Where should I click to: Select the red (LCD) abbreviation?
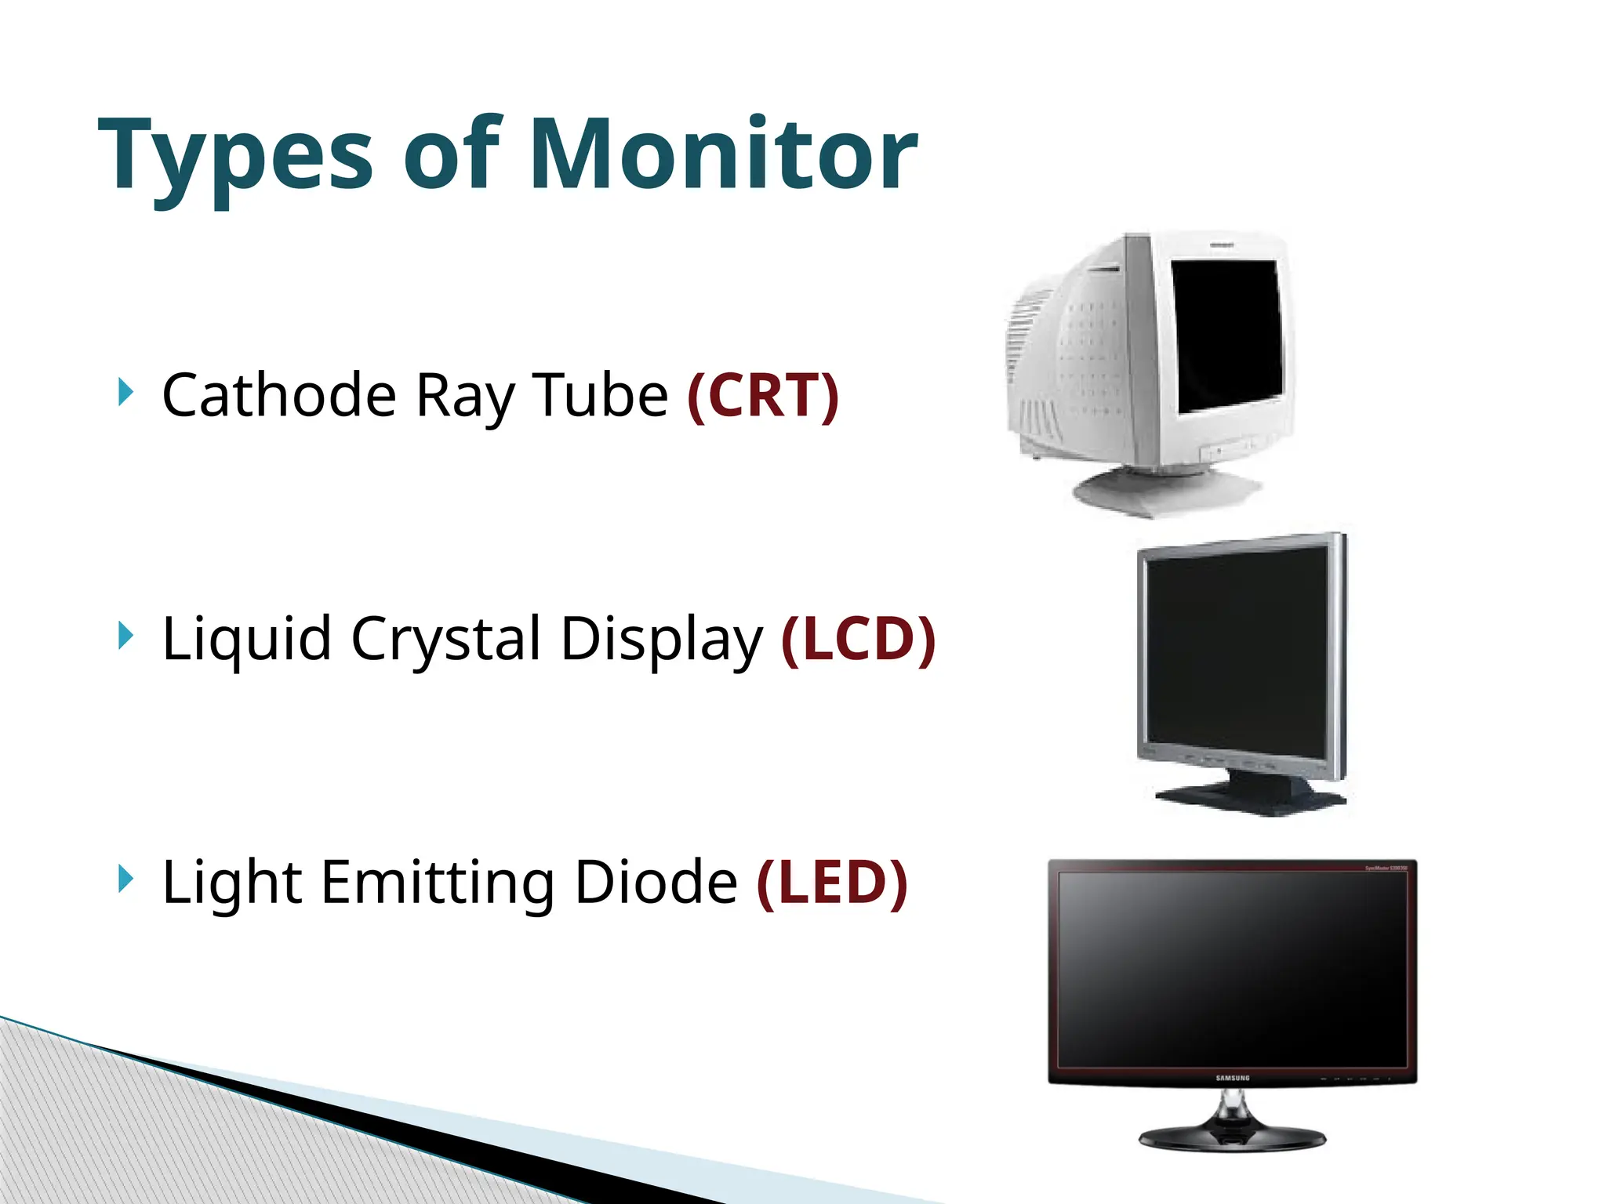coord(859,639)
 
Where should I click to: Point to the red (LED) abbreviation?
coord(832,883)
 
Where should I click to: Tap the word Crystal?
coord(446,640)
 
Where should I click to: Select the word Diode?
coord(656,883)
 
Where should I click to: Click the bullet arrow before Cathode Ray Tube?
coord(125,391)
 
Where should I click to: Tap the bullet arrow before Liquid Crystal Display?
coord(125,635)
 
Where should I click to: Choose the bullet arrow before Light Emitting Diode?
coord(125,879)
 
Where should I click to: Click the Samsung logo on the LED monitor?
coord(1233,1079)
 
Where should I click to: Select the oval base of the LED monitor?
coord(1232,1137)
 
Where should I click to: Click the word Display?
coord(661,640)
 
